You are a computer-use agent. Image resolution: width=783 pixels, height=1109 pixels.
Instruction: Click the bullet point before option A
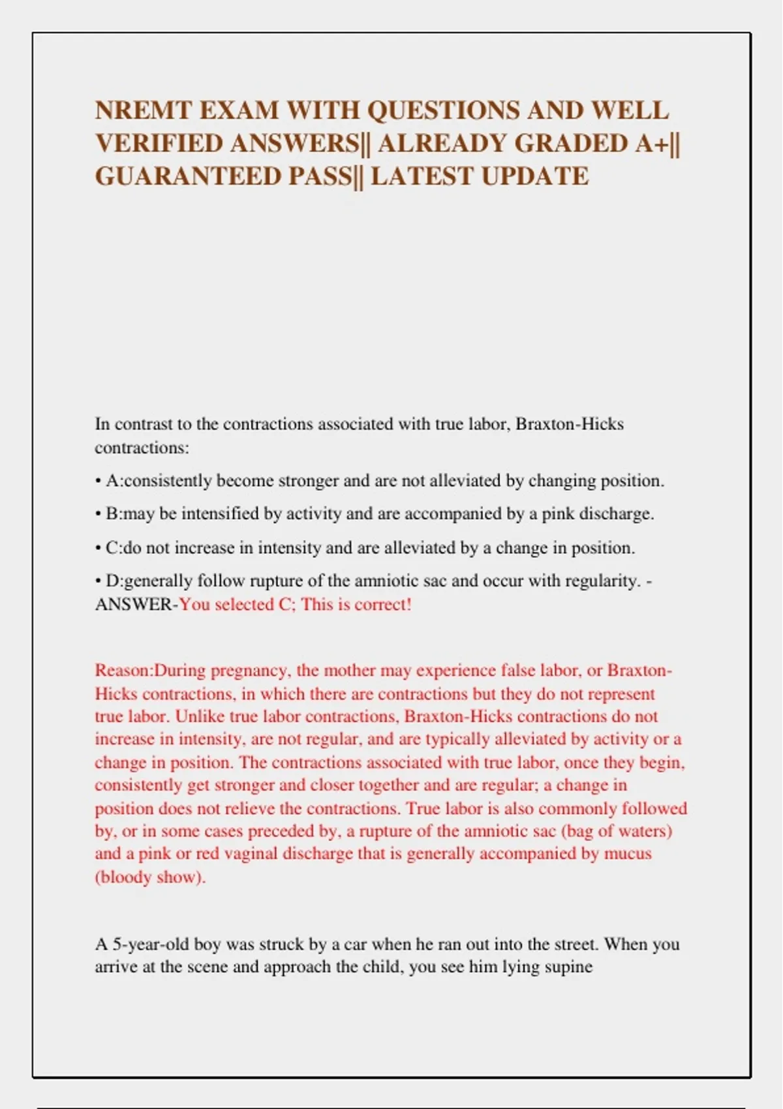point(98,481)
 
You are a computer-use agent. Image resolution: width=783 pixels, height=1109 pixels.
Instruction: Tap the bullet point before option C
point(98,548)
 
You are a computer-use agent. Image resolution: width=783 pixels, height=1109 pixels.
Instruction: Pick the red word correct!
point(382,604)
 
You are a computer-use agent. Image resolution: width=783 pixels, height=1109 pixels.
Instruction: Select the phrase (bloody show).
point(150,877)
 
